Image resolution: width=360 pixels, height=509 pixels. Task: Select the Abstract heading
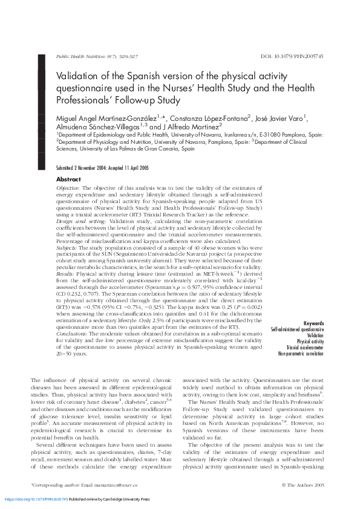[x=68, y=180]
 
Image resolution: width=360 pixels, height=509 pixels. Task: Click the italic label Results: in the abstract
[x=66, y=274]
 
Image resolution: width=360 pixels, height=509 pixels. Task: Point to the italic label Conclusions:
[x=72, y=334]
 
